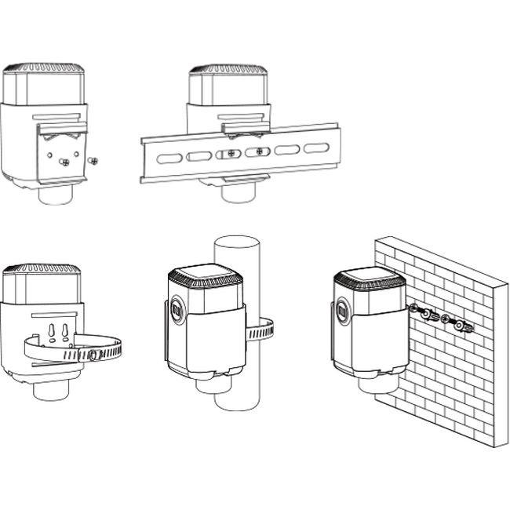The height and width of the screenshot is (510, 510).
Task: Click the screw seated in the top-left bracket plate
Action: [x=66, y=162]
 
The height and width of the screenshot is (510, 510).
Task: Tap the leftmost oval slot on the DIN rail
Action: [x=168, y=158]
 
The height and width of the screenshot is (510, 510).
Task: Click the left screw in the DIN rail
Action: [x=229, y=154]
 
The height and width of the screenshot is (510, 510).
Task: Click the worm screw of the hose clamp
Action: [x=93, y=355]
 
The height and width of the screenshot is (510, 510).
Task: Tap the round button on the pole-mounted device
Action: [x=176, y=309]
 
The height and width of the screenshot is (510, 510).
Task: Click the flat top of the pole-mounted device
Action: [x=206, y=275]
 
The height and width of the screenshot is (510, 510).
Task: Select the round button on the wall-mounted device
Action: [x=342, y=311]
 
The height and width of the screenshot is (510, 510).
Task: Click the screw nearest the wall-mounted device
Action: [x=415, y=311]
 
